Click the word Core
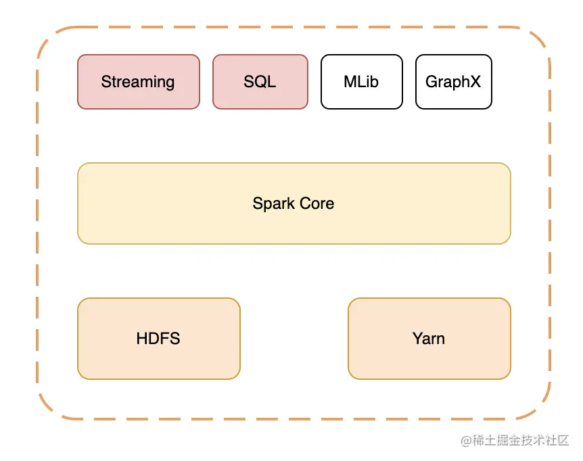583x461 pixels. click(x=317, y=203)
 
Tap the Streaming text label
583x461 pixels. click(x=138, y=82)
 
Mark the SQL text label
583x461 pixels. click(x=260, y=82)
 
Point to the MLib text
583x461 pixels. click(x=361, y=82)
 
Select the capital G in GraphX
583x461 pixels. click(x=432, y=82)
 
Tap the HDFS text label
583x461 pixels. click(x=158, y=339)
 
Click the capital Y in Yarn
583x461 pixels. click(x=417, y=339)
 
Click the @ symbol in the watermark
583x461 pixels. click(x=466, y=441)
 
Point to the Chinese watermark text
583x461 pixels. click(x=521, y=441)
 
